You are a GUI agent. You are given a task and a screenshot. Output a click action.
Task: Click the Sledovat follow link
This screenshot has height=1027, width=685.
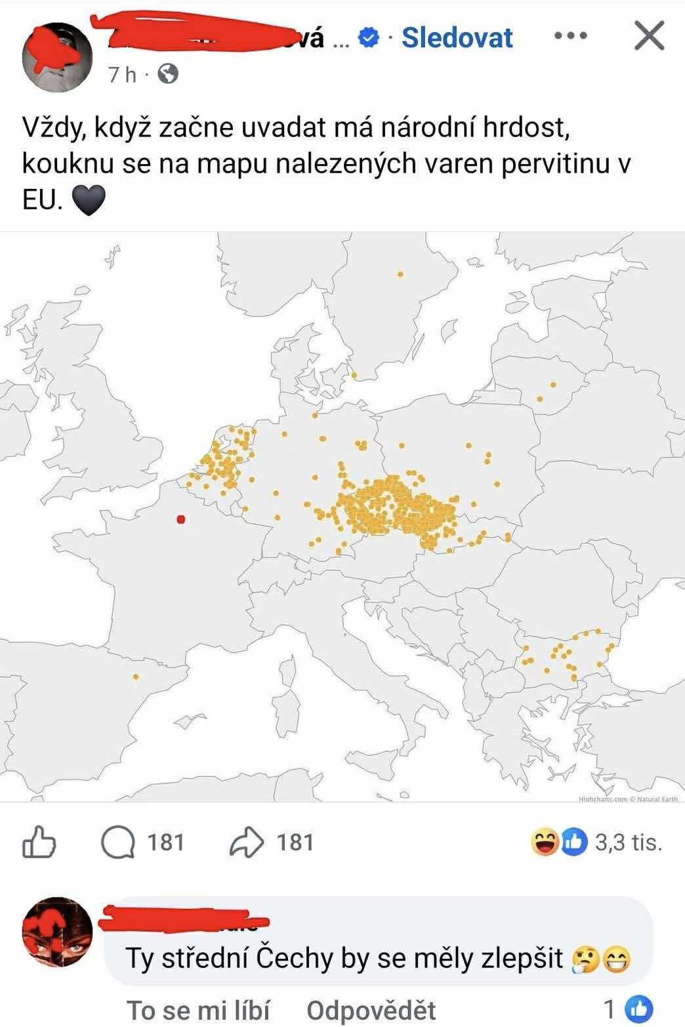point(457,38)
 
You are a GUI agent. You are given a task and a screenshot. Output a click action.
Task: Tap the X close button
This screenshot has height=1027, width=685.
point(650,36)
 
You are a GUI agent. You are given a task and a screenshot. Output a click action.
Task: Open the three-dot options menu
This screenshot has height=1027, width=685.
point(570,36)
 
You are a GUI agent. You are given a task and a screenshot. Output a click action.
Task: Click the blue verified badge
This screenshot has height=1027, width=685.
point(370,38)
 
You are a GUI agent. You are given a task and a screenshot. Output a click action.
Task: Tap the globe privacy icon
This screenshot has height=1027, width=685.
point(169,74)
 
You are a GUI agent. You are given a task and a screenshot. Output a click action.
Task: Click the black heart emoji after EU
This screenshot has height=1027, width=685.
point(88,200)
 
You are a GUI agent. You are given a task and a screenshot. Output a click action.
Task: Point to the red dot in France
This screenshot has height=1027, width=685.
point(181,520)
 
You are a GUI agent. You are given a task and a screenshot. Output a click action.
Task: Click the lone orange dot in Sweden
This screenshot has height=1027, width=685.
point(400,274)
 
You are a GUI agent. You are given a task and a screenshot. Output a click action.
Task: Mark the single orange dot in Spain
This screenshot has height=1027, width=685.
point(136,677)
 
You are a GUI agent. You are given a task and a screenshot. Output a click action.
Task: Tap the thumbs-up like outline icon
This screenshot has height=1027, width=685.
point(39,842)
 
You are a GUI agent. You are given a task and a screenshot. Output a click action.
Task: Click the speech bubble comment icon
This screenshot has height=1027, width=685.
point(118,842)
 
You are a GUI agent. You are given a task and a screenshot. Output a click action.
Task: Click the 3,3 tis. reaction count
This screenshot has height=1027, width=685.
point(628,842)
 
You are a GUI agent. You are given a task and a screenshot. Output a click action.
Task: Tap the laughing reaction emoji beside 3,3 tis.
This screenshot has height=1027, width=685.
point(544,843)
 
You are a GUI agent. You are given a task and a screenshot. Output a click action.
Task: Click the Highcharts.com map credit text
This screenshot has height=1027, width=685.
point(603,799)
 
